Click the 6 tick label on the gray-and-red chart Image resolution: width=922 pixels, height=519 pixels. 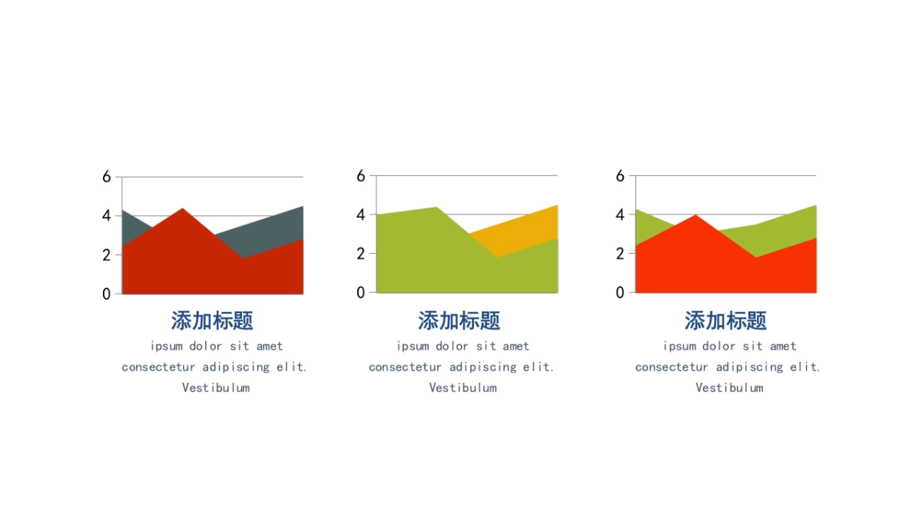tap(107, 177)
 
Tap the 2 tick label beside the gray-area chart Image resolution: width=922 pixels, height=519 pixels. tap(107, 255)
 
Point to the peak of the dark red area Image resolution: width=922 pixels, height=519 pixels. tap(183, 208)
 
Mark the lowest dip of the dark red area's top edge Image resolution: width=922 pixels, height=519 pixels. tap(244, 258)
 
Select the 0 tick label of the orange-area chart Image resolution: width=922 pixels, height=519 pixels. tap(361, 293)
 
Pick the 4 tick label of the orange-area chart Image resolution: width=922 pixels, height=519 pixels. tap(361, 215)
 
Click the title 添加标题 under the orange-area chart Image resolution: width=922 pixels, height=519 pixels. tap(459, 321)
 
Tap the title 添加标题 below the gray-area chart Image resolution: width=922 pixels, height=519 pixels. tap(212, 321)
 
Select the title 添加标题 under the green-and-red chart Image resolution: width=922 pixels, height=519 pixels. tap(725, 321)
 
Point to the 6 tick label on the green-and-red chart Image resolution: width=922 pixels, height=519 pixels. tap(620, 176)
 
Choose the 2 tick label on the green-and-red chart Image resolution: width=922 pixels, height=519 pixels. tap(620, 254)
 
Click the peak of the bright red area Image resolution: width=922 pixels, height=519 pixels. tap(695, 215)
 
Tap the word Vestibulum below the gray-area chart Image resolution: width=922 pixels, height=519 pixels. tap(216, 388)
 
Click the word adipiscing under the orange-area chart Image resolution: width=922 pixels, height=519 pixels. tap(483, 367)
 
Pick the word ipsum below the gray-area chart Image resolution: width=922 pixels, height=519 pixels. tap(166, 347)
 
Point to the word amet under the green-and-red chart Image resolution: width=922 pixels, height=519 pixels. tap(783, 347)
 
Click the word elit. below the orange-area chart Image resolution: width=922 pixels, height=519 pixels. tap(539, 367)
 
